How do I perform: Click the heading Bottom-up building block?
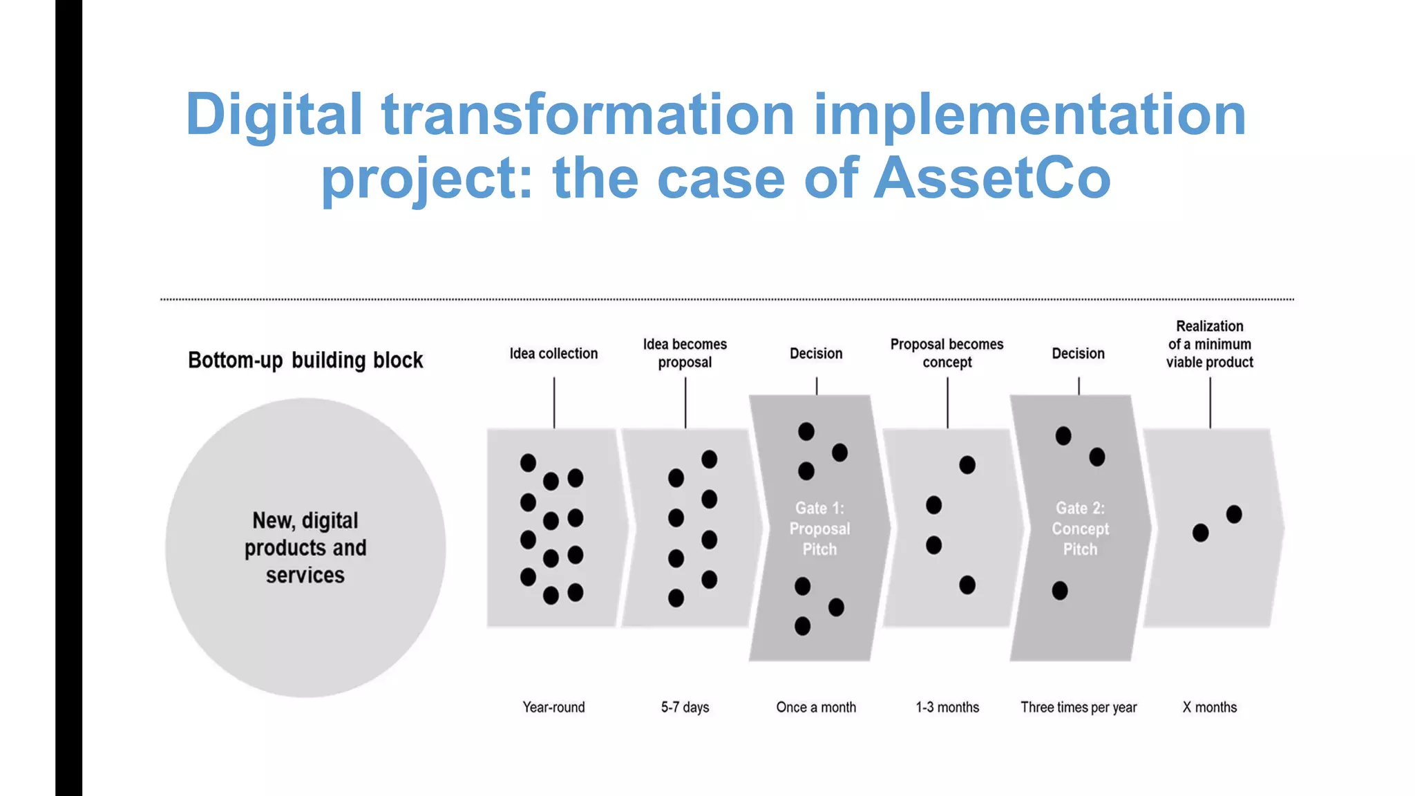[305, 360]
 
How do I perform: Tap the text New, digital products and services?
[305, 547]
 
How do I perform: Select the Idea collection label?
[553, 354]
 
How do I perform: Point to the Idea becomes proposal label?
[685, 353]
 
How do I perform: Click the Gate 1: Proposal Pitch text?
[819, 529]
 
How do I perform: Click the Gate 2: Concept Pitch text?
[1080, 529]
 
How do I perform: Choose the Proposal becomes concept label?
[947, 353]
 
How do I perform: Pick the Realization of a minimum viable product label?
[1209, 344]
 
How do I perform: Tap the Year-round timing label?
[553, 707]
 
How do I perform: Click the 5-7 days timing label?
[685, 707]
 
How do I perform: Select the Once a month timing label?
[816, 707]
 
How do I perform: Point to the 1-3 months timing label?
[947, 707]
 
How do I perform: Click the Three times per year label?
[1079, 707]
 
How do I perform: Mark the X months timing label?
[1209, 707]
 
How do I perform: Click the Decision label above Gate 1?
[816, 354]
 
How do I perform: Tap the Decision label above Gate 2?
[1078, 354]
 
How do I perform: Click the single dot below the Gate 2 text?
[1060, 591]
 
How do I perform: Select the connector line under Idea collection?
[554, 403]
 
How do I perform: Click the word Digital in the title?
[274, 115]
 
